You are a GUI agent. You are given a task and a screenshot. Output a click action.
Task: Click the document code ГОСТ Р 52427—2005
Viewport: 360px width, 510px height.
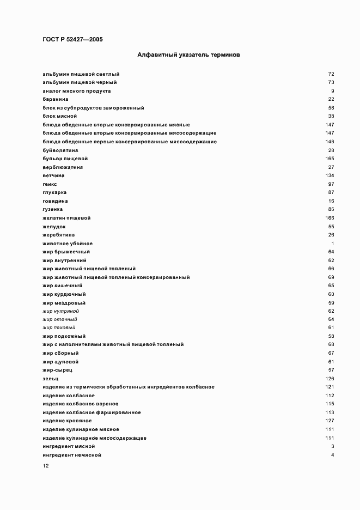[72, 39]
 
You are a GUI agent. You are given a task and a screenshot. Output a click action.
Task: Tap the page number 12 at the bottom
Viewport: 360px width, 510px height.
[46, 466]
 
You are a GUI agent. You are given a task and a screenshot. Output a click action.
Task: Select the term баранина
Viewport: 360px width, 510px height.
[55, 99]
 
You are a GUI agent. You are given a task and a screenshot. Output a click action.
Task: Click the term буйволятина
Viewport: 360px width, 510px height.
[60, 150]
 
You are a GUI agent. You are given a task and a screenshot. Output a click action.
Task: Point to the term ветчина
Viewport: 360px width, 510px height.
[53, 175]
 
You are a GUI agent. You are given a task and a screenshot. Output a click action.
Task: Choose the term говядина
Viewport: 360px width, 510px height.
[55, 201]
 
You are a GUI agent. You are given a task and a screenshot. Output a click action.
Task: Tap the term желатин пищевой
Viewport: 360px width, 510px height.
[66, 218]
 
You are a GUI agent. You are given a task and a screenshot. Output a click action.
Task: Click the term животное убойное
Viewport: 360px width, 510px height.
[67, 243]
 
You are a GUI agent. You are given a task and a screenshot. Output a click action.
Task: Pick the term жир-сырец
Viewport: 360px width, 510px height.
[57, 370]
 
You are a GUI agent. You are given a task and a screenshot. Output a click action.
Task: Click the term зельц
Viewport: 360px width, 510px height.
[50, 378]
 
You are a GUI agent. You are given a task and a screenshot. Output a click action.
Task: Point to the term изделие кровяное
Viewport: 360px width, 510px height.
[66, 421]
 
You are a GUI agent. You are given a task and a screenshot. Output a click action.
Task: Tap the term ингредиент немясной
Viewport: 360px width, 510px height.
[71, 454]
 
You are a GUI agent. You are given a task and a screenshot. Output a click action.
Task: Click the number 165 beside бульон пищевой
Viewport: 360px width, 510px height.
[329, 159]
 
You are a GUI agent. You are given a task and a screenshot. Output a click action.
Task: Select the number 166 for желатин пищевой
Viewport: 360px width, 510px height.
[329, 218]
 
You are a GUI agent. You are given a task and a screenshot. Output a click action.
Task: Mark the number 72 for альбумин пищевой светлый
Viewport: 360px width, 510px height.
[331, 74]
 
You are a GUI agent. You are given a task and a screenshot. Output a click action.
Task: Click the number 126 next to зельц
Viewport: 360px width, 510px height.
[329, 378]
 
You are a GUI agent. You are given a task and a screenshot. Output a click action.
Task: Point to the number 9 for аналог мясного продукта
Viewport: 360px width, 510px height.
[332, 90]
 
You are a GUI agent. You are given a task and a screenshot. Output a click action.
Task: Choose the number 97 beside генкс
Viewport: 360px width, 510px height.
[331, 184]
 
